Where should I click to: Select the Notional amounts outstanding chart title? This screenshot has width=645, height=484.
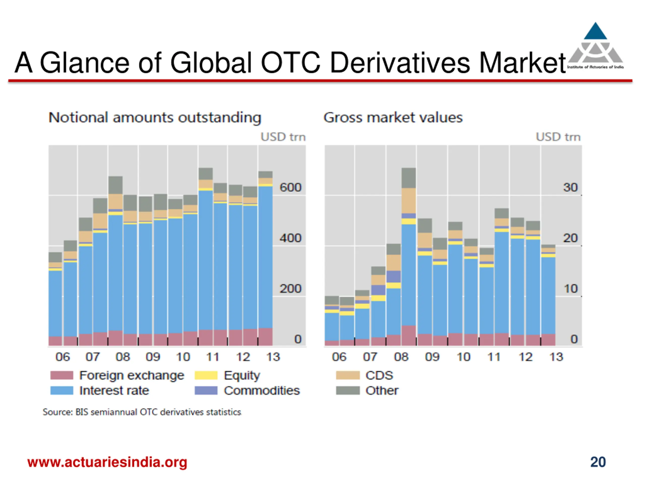point(154,117)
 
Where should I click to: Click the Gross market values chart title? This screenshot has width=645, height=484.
point(393,117)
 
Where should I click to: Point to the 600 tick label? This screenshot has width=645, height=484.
point(290,187)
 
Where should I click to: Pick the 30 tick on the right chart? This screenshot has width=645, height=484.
point(570,187)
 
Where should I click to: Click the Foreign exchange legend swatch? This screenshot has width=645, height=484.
point(61,375)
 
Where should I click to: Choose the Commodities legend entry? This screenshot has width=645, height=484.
point(262,390)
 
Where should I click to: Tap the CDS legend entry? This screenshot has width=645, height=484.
point(379,375)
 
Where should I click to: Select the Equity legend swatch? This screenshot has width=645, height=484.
point(206,375)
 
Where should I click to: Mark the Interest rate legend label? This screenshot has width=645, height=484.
point(114,390)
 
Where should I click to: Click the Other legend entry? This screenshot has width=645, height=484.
point(382,390)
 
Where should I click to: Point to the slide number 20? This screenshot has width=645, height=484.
point(598,462)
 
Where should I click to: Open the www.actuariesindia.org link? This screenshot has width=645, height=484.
point(107,462)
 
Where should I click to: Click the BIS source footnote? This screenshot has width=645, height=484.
point(142,412)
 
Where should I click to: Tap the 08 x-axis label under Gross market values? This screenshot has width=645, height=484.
point(401,357)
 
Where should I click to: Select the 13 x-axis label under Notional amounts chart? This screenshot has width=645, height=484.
point(273,357)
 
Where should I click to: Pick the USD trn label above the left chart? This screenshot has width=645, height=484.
point(283,137)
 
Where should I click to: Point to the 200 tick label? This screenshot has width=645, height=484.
point(290,289)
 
